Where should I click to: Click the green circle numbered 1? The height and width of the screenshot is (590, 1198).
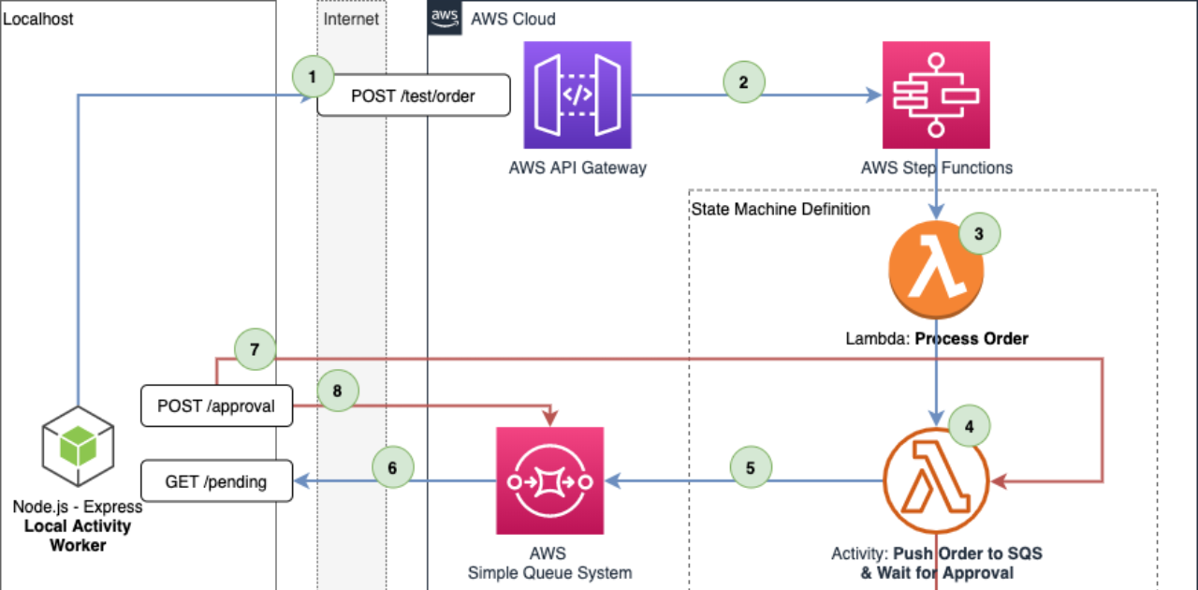[313, 77]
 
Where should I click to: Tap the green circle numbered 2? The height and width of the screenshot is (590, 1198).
[744, 81]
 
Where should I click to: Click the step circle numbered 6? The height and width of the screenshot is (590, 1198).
[393, 465]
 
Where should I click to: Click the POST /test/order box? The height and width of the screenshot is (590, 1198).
[414, 96]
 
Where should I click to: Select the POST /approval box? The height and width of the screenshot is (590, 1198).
[216, 406]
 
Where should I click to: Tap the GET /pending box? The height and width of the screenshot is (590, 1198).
[216, 481]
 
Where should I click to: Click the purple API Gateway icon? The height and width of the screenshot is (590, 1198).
[577, 96]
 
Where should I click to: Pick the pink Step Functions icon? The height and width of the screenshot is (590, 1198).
[936, 96]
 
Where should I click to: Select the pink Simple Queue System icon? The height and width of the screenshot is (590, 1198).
[549, 481]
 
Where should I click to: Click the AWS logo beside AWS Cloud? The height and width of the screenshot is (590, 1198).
[444, 18]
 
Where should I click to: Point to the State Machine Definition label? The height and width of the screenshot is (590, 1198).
[780, 209]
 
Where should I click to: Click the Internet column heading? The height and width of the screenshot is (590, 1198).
[351, 19]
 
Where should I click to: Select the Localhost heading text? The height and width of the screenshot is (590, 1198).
[38, 19]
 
